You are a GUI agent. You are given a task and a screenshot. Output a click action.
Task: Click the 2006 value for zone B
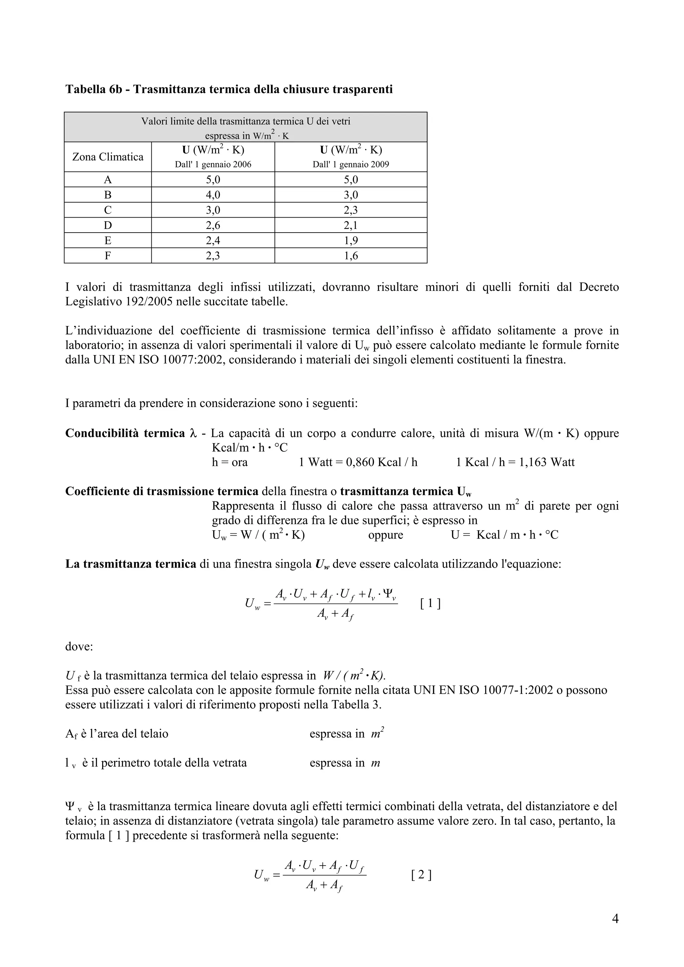coord(213,195)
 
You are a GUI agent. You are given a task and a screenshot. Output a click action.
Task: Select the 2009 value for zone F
coord(351,256)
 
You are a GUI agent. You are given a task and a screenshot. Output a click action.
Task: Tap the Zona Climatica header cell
coord(108,157)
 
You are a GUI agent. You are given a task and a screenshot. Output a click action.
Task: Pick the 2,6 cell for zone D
coord(213,225)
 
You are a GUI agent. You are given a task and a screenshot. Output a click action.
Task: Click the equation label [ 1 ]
coord(430,604)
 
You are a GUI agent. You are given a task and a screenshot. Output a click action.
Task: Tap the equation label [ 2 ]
coord(421,876)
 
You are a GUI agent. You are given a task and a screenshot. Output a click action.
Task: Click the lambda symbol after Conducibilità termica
coord(193,433)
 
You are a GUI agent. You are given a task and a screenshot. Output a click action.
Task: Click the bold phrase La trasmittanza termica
coord(131,564)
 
